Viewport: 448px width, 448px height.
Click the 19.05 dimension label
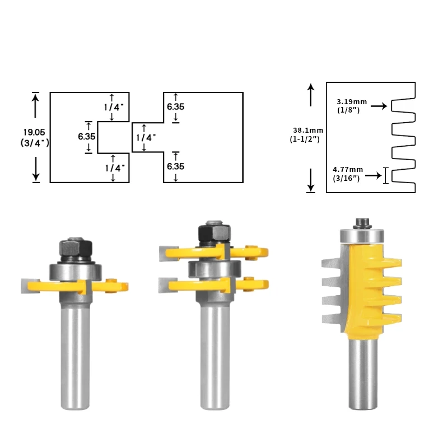[34, 133]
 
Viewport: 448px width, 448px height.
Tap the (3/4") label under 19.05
[35, 143]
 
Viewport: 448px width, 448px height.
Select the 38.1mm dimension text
[308, 130]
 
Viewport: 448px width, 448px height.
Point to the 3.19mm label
[352, 102]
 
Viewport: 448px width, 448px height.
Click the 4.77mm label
[348, 170]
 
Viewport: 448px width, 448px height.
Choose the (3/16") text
[346, 178]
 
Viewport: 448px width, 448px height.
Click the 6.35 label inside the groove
[87, 137]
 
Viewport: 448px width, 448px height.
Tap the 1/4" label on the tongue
[146, 138]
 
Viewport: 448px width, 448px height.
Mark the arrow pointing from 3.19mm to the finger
[379, 106]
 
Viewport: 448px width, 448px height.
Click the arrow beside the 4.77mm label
[373, 175]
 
